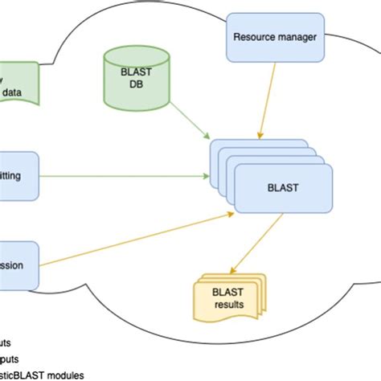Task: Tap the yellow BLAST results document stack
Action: [227, 297]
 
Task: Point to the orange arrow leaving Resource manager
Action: [268, 96]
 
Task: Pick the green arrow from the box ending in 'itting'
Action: [121, 175]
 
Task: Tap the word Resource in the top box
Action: [251, 36]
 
